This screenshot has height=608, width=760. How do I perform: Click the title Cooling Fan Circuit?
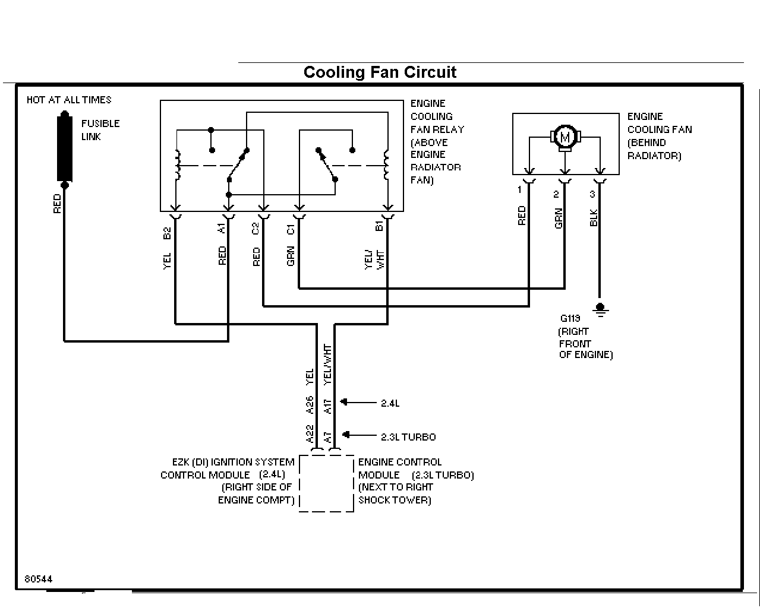[x=380, y=72]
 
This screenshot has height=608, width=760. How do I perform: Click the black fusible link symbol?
[x=65, y=149]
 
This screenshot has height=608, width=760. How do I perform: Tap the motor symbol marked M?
[x=565, y=137]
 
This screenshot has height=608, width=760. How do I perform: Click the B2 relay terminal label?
[x=167, y=233]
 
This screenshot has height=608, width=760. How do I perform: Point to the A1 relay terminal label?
[x=221, y=228]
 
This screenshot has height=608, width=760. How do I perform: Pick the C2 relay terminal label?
[x=255, y=229]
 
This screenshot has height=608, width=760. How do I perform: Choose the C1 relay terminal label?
[x=291, y=230]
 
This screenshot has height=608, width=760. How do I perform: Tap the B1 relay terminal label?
[x=379, y=226]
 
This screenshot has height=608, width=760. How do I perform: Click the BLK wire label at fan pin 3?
[x=594, y=218]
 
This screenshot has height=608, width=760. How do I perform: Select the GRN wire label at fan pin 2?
[x=559, y=218]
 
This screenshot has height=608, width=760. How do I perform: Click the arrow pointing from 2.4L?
[x=358, y=402]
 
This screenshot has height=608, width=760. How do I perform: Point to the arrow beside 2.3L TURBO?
[x=359, y=435]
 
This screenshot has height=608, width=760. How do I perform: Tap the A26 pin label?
[x=310, y=405]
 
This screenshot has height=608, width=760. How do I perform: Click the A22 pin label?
[x=310, y=434]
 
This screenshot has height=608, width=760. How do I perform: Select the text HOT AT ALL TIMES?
[x=69, y=100]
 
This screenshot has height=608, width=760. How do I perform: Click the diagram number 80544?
[x=38, y=579]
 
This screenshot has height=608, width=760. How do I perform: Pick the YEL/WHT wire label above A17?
[x=327, y=365]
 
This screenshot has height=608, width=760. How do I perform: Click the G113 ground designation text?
[x=570, y=318]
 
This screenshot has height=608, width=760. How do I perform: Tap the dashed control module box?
[x=299, y=483]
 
